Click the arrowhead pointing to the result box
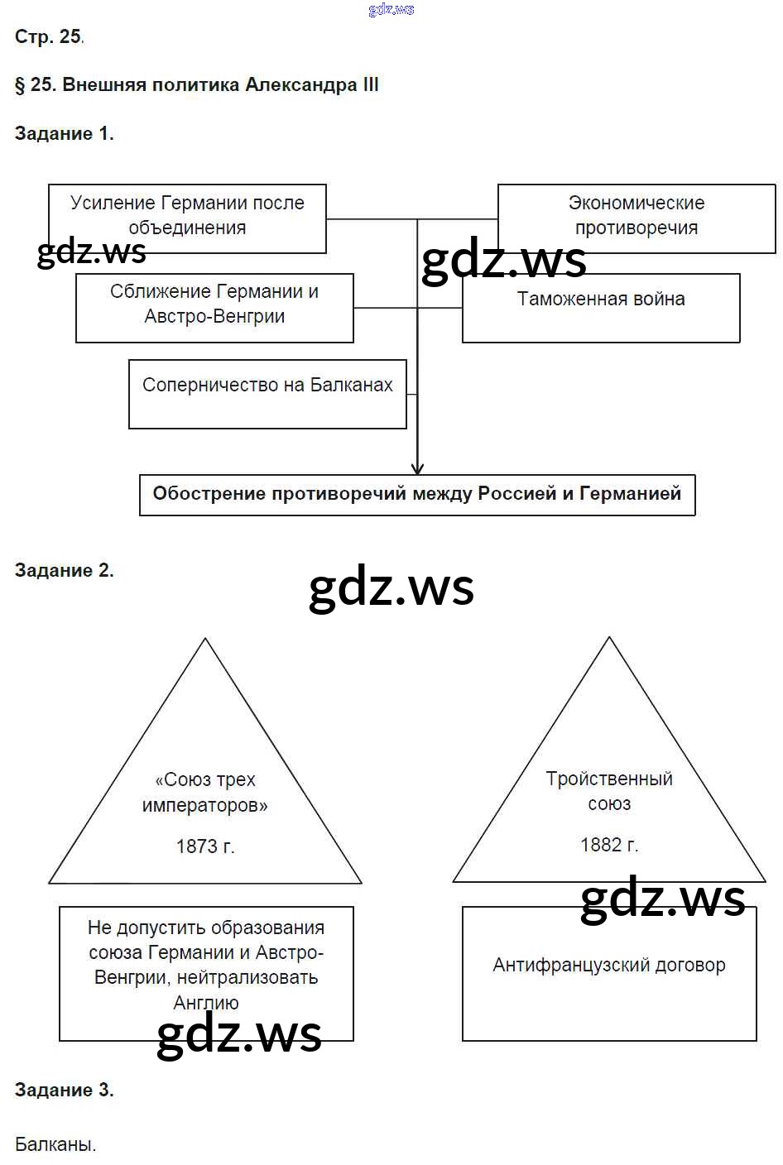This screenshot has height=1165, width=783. [417, 467]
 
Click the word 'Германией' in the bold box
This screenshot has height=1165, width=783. [630, 494]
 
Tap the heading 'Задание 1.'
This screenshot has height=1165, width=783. [64, 134]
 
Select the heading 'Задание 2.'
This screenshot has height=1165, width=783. [64, 571]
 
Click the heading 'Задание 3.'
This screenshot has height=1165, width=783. [64, 1091]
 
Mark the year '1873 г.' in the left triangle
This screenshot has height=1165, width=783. [205, 846]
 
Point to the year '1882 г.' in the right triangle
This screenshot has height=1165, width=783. [609, 845]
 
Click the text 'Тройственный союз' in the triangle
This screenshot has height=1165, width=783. [609, 791]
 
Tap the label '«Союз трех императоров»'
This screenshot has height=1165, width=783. [205, 793]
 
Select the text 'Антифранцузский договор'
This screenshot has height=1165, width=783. [609, 966]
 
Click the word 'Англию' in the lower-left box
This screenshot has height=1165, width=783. [206, 1003]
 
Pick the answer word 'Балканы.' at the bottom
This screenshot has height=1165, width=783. [55, 1145]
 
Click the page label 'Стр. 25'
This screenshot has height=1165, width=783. [48, 37]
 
